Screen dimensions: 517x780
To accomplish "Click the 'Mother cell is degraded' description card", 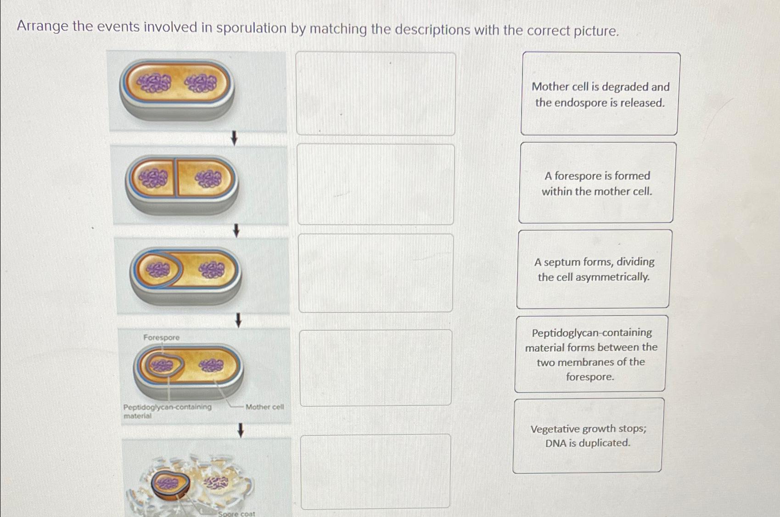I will pos(600,94).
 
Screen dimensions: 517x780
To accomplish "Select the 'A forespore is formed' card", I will pos(597,183).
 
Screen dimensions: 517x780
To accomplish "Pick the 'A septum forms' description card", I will pos(594,269).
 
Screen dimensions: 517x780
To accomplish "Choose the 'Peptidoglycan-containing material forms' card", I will pos(590,354).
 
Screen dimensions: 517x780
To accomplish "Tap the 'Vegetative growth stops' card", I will pos(588,435).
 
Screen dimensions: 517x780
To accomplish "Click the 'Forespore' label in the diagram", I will pos(161,338).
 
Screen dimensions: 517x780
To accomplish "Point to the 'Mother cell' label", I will pos(264,407).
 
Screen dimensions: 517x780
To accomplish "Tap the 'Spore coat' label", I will pos(236,514).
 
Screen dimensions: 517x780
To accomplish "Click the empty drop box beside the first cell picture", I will pos(376,94).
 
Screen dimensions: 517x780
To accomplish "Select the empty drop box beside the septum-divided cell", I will pos(376,184).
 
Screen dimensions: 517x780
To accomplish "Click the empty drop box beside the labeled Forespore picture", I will pos(376,367).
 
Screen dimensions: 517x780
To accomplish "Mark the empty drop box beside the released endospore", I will pos(376,471).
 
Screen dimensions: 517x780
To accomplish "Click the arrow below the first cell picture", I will pos(234,138).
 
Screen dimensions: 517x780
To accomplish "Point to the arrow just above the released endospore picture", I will pos(240,430).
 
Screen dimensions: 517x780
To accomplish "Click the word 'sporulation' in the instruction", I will pos(251,28).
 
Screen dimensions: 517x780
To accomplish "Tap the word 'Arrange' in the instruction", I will pos(42,26).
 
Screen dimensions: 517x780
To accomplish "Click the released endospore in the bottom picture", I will pos(170,484).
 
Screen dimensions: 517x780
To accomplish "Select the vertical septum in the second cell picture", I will pos(175,178).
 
